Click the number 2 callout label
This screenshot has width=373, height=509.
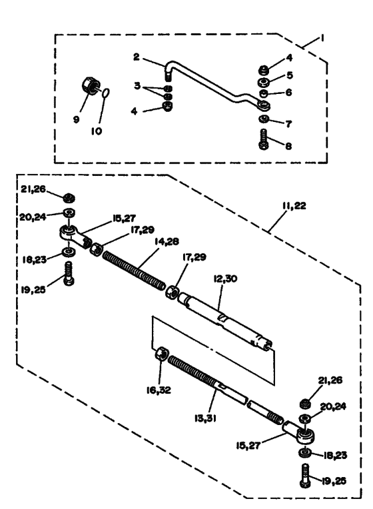tap(136, 57)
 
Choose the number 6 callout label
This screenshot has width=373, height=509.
tap(288, 94)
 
